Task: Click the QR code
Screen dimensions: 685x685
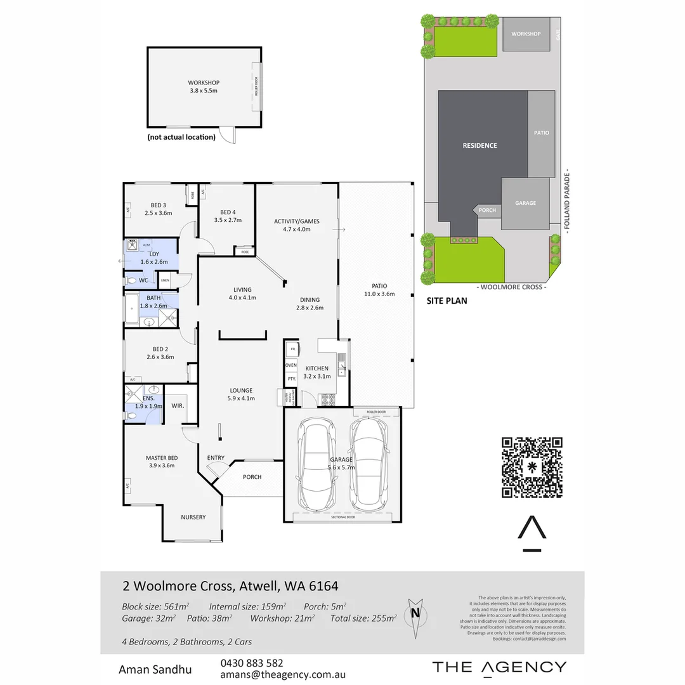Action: pos(532,467)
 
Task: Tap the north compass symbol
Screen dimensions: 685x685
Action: pos(415,614)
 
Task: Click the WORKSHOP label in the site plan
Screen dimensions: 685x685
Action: pos(526,34)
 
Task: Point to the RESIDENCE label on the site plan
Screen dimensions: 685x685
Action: pos(480,145)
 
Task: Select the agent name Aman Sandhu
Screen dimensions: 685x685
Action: pos(155,669)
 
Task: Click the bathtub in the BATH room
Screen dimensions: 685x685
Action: pos(133,310)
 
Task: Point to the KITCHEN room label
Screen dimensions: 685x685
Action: pos(316,369)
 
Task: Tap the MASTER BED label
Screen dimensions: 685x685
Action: pos(162,458)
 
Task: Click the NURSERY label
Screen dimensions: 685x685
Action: pos(193,517)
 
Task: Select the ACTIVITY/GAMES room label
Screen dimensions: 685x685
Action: pos(296,221)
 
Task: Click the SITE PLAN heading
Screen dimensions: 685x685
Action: pos(446,301)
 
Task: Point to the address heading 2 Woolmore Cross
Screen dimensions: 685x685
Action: pos(230,584)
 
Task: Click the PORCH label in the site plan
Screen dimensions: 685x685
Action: pos(487,211)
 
